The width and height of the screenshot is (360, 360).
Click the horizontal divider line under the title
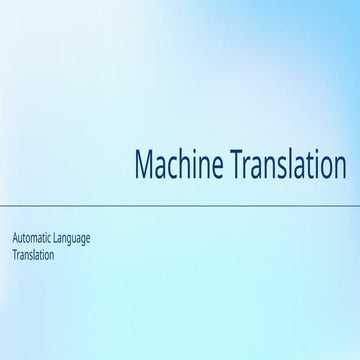coord(180,204)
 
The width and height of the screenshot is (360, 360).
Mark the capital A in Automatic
coord(15,238)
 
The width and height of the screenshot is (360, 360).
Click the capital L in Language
coord(65,238)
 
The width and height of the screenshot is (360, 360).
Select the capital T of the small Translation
coord(15,255)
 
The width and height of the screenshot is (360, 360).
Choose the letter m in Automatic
coord(39,239)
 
